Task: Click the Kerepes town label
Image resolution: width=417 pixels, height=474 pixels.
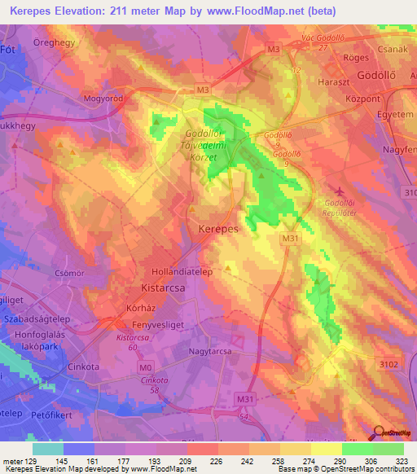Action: tap(218, 230)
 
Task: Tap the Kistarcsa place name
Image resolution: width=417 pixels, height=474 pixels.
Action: tap(158, 289)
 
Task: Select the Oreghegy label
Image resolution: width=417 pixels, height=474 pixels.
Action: tap(53, 39)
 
